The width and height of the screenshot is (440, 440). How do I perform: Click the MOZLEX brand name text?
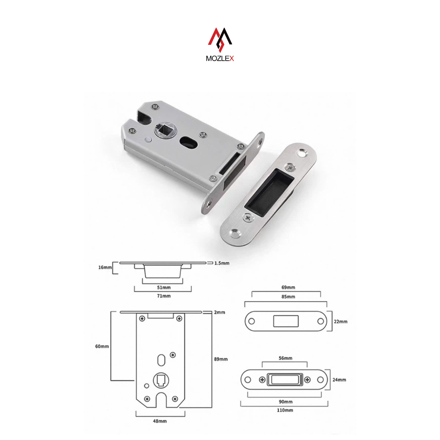[x=220, y=58]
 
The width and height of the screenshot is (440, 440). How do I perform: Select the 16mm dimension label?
[x=105, y=267]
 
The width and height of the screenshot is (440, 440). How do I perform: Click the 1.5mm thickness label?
[x=222, y=263]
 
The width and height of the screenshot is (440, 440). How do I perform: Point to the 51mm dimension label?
[x=164, y=287]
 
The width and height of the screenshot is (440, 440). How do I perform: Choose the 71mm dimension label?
[x=164, y=296]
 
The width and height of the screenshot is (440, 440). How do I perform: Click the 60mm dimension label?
[x=102, y=346]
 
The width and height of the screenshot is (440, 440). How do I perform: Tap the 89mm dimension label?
[x=221, y=359]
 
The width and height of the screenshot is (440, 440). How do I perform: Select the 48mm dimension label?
[x=160, y=421]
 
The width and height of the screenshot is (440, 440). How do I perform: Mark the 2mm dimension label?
[x=220, y=312]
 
